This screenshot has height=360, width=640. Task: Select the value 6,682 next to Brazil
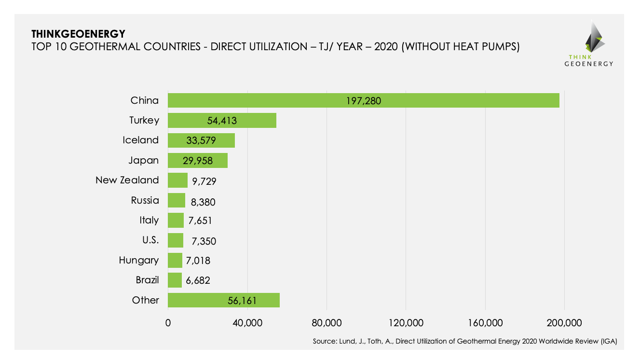(x=199, y=280)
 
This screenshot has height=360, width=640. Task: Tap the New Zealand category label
(x=127, y=180)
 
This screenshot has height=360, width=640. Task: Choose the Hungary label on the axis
(x=139, y=260)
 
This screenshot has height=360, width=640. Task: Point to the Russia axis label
(x=145, y=200)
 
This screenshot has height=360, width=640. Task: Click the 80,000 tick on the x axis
(x=327, y=323)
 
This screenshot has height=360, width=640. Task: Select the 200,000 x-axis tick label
(x=564, y=323)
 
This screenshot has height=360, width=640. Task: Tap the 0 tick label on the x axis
(x=168, y=323)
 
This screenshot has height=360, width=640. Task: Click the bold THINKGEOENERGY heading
(x=78, y=34)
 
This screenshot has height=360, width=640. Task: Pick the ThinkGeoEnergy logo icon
(x=595, y=38)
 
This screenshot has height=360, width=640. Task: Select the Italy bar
(x=176, y=221)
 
